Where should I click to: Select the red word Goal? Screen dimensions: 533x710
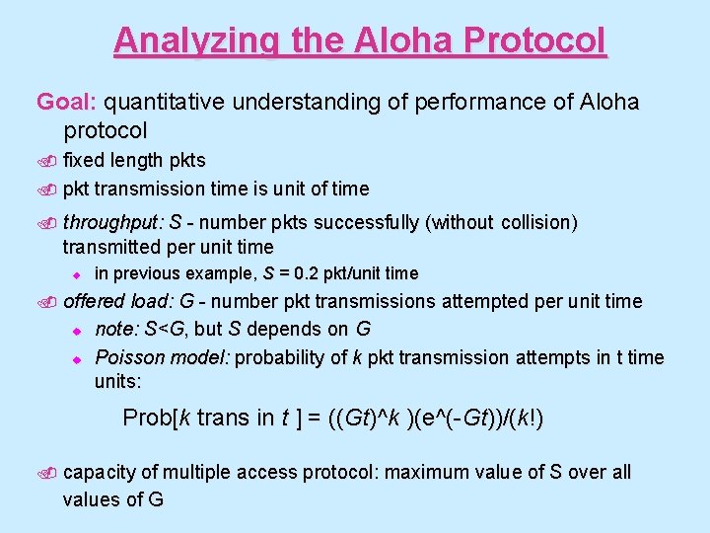pos(67,102)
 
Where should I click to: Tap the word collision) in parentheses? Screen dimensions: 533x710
pos(538,222)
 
